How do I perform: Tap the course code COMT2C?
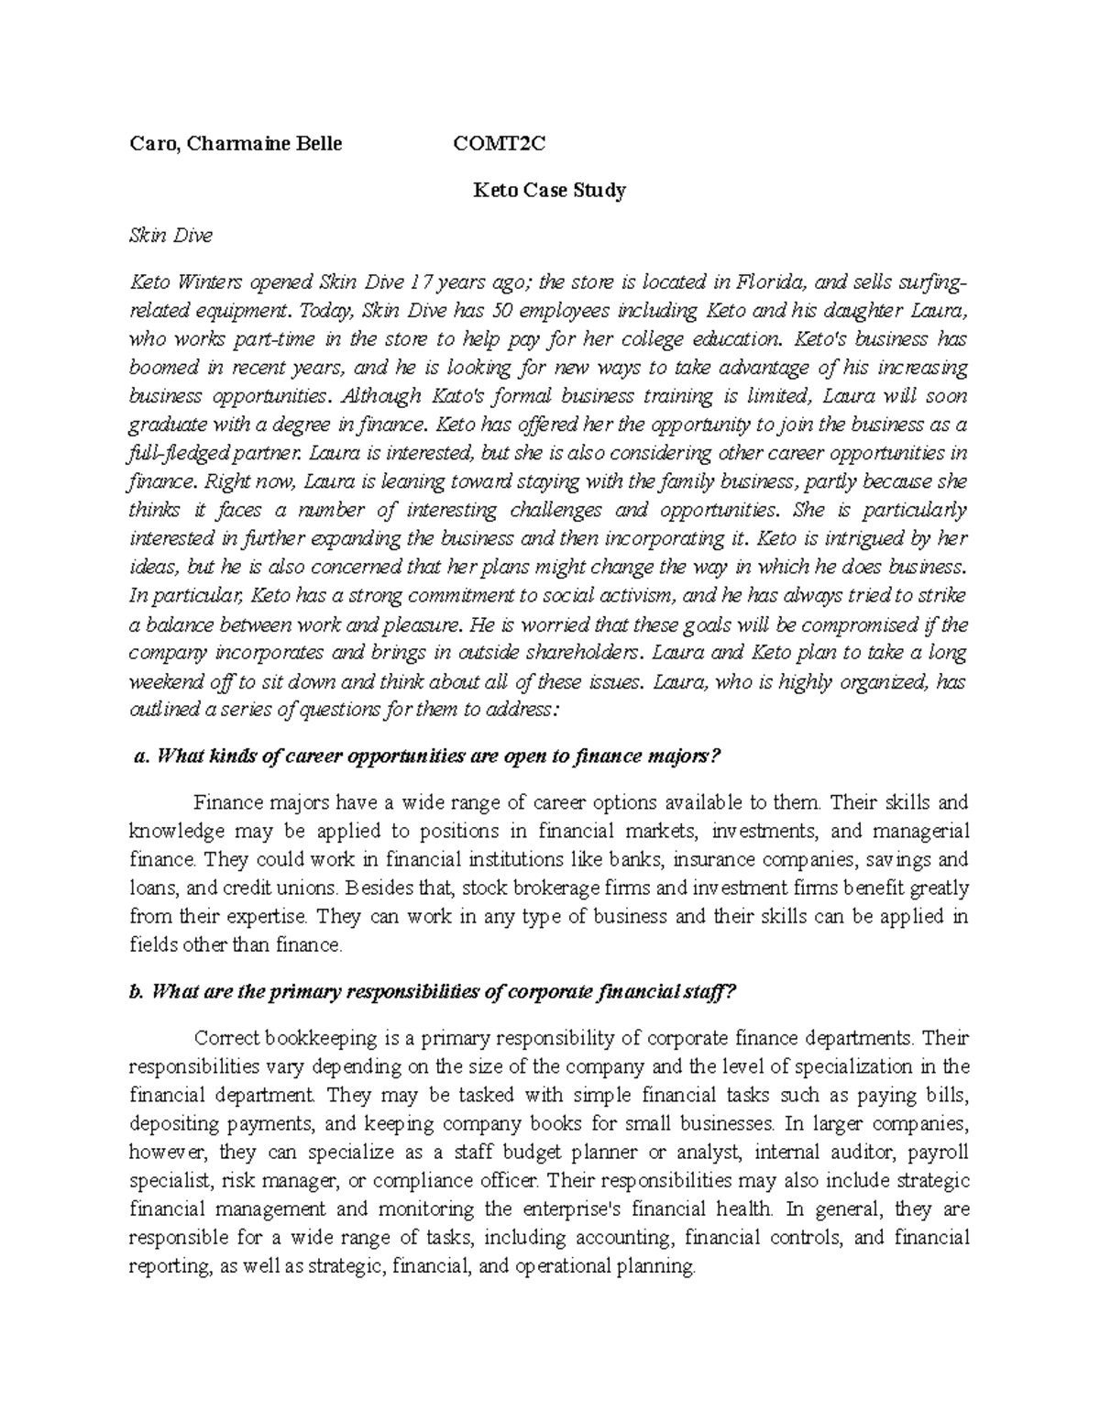click(x=500, y=143)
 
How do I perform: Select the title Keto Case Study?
click(x=548, y=191)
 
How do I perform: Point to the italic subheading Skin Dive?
click(x=170, y=236)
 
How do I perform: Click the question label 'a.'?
click(x=141, y=756)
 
